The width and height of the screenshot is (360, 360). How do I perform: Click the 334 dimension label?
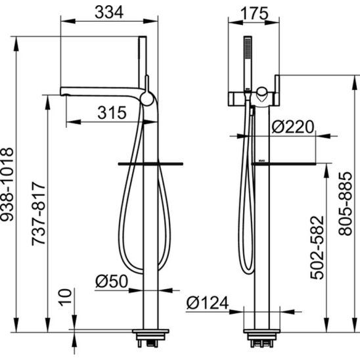coord(109,12)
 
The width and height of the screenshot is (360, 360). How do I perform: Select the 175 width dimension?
coord(255,14)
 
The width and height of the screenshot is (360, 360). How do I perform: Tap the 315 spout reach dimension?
coord(112,112)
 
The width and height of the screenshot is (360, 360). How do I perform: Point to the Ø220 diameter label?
coord(293,127)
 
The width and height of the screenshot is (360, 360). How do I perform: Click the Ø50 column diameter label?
coord(112,281)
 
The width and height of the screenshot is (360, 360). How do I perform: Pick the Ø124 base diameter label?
coord(208,303)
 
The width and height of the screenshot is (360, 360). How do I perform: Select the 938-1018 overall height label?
coord(7,185)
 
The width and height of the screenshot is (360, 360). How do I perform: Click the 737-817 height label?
coord(39,214)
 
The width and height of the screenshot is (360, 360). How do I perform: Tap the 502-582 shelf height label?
coord(317,248)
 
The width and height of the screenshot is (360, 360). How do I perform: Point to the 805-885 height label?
coord(346,204)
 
